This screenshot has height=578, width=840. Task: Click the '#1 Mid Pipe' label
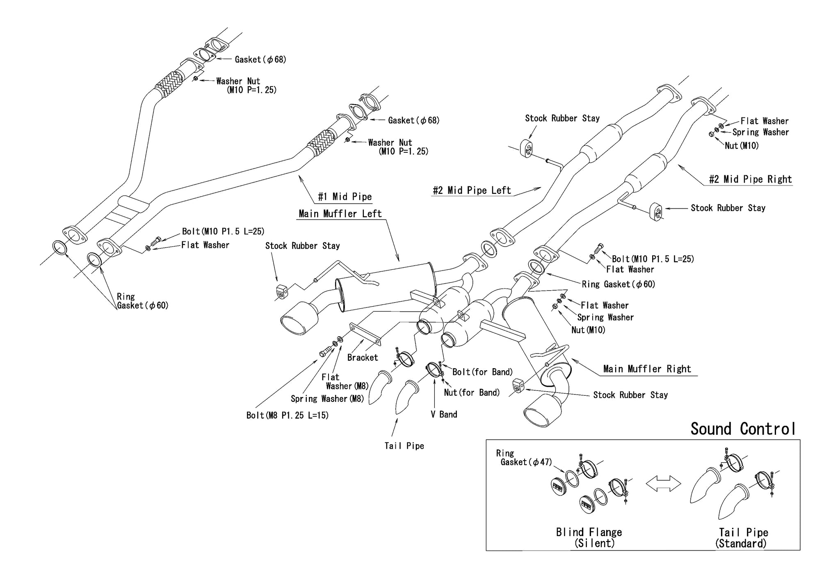345,197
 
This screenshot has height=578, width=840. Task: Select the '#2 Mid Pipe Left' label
472,190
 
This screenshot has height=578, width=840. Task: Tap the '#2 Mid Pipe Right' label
750,179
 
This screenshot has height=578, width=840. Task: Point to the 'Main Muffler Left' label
340,214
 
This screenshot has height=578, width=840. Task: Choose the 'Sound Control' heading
743,429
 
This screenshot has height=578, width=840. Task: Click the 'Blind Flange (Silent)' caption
589,538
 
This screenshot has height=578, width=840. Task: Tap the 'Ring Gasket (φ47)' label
524,458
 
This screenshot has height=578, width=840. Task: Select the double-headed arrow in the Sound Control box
663,484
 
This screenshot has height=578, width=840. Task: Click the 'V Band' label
444,415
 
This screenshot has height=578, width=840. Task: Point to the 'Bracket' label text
363,358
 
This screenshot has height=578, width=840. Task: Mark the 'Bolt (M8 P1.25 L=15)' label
288,415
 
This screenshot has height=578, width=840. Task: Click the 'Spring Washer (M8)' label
327,399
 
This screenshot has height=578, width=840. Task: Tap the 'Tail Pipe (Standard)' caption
743,538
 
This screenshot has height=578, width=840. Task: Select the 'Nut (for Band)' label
472,393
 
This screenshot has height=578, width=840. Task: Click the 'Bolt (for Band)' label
482,372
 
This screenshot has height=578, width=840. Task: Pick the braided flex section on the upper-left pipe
170,85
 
